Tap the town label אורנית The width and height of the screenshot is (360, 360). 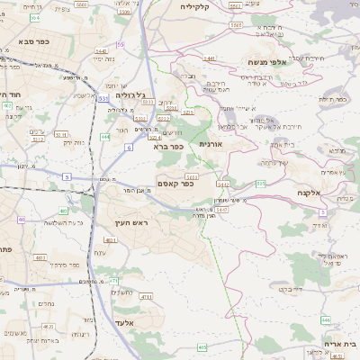click(210, 144)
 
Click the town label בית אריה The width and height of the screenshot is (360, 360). click(339, 343)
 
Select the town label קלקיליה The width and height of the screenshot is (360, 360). click(194, 7)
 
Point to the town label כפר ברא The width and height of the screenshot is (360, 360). click(168, 146)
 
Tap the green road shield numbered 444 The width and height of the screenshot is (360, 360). click(104, 137)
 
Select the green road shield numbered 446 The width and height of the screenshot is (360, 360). click(326, 319)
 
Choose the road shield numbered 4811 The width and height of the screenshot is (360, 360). click(40, 257)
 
